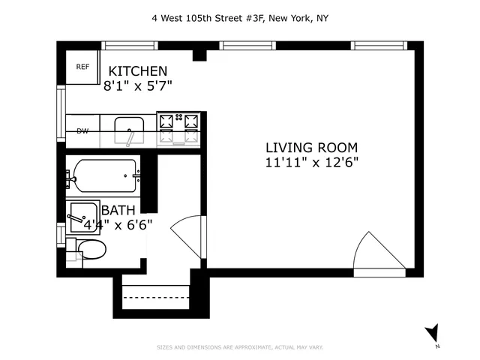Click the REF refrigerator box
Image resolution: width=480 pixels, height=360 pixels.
pyautogui.click(x=82, y=67)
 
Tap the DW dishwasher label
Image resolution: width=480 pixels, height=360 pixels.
pyautogui.click(x=82, y=131)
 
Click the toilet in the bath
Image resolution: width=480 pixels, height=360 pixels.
pyautogui.click(x=91, y=249)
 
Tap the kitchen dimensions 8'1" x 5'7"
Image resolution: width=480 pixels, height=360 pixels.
pyautogui.click(x=138, y=85)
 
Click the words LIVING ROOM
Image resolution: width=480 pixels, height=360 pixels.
pyautogui.click(x=311, y=147)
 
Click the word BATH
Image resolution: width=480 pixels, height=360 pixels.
pyautogui.click(x=118, y=210)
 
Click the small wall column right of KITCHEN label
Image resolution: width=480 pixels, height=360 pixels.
pyautogui.click(x=199, y=55)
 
